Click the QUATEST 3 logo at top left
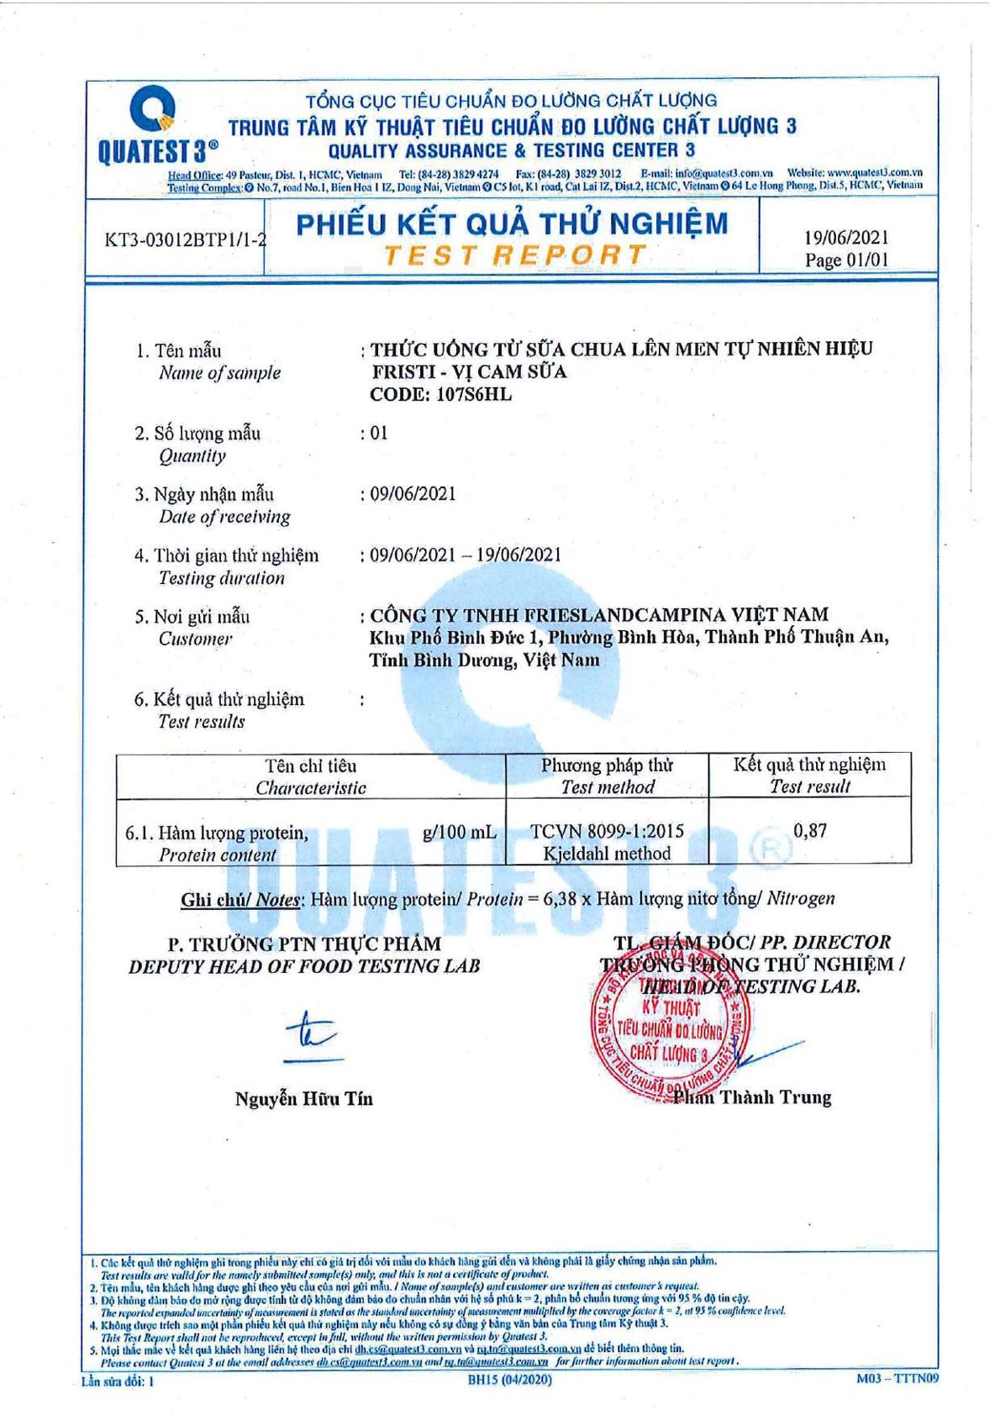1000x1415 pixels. tap(156, 126)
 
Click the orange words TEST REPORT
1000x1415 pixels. tap(514, 255)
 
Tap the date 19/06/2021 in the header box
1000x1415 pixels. tap(845, 238)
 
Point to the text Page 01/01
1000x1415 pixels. tap(845, 260)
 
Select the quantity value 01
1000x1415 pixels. tap(379, 433)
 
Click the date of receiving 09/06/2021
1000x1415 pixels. tap(413, 493)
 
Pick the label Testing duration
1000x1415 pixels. tap(222, 578)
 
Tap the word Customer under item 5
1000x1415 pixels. tap(195, 639)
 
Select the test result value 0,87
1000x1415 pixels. tap(810, 831)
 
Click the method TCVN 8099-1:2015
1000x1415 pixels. tap(607, 831)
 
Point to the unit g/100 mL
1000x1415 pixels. tap(459, 833)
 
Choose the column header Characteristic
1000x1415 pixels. tap(311, 788)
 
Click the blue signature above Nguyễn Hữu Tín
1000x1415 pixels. tap(309, 1035)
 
